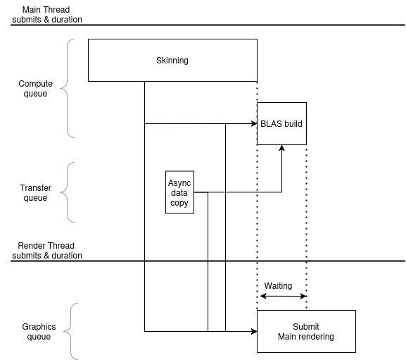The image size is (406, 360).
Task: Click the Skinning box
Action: tap(172, 60)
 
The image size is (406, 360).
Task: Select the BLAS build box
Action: tap(281, 123)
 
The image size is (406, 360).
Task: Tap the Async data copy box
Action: tap(179, 192)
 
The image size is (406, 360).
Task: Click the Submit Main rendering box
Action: tap(306, 331)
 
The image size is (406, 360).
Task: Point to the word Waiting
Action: tap(278, 285)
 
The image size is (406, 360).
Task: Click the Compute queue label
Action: tap(35, 88)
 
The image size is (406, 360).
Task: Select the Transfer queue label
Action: tap(35, 192)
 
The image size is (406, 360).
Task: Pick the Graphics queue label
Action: tap(39, 332)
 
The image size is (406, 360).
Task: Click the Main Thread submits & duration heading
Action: tap(47, 15)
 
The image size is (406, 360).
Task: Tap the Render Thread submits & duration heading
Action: tap(47, 250)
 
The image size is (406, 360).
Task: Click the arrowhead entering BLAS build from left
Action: tap(254, 123)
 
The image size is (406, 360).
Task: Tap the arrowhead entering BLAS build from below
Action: tap(281, 148)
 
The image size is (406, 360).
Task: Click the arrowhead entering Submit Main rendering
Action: tap(254, 331)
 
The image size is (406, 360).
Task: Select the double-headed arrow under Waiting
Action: tap(284, 296)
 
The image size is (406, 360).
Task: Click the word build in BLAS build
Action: tap(293, 123)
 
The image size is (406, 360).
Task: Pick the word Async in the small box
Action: tap(179, 183)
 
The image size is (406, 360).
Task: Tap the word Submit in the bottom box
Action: tap(306, 327)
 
